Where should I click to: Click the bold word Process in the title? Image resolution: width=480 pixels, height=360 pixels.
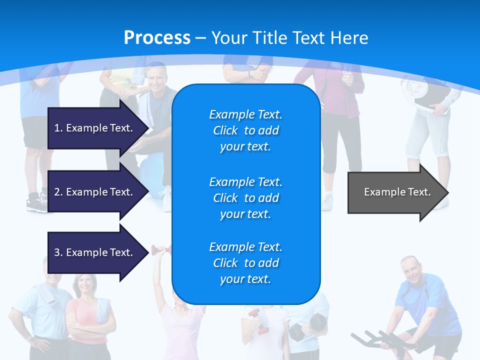[x=157, y=38]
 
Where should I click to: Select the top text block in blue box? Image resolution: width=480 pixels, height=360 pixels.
[x=245, y=130]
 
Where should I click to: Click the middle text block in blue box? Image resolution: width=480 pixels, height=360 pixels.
[x=245, y=198]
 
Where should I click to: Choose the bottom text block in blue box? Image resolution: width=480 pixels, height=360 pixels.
[x=245, y=263]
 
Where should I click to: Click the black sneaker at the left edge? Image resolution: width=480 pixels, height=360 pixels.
[x=36, y=202]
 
